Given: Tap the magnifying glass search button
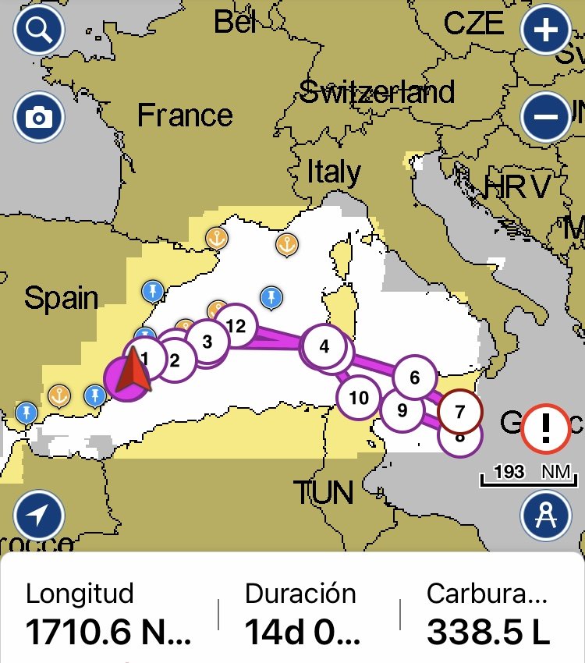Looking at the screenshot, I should click(x=39, y=32).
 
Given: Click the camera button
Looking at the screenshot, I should click(x=39, y=118).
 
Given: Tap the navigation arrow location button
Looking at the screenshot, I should click(x=39, y=516).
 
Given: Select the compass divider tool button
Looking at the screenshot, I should click(x=546, y=516).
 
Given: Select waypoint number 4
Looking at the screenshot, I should click(x=324, y=346).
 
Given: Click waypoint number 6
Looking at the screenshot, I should click(x=414, y=378).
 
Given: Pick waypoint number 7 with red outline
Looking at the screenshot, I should click(x=459, y=410).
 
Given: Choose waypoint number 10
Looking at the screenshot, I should click(x=358, y=398).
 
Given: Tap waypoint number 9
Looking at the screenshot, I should click(x=402, y=409).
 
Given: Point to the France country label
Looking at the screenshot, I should click(x=185, y=116).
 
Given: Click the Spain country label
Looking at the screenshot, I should click(x=61, y=298).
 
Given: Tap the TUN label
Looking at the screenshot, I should click(x=323, y=493).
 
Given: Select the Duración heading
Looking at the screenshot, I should click(x=300, y=594).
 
